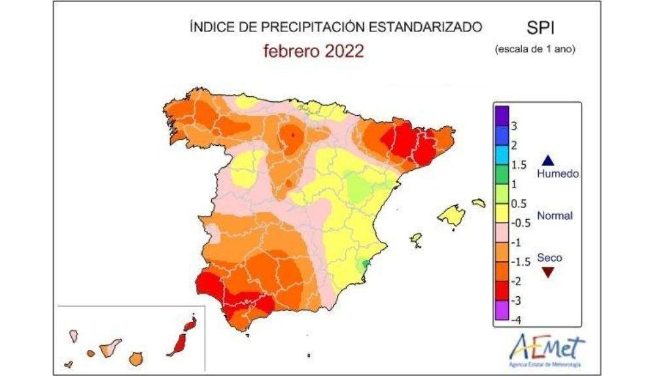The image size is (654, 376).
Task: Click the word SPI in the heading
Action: pyautogui.click(x=540, y=28)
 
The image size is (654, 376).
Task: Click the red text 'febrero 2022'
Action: pyautogui.click(x=313, y=52)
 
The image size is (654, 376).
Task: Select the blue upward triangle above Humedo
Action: pyautogui.click(x=548, y=160)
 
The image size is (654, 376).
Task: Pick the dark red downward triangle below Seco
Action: pyautogui.click(x=548, y=272)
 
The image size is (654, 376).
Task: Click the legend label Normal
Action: pyautogui.click(x=555, y=216)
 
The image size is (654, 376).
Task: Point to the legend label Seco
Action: pyautogui.click(x=549, y=258)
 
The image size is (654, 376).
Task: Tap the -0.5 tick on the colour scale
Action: pyautogui.click(x=519, y=222)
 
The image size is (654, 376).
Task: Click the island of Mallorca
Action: pyautogui.click(x=451, y=214)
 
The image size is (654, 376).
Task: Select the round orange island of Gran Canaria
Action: pyautogui.click(x=136, y=358)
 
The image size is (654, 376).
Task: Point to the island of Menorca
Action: pyautogui.click(x=479, y=203)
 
